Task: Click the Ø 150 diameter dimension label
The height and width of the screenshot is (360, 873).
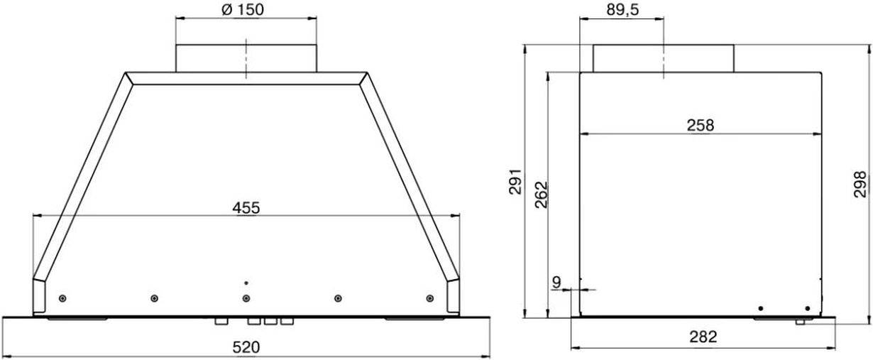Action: pos(243,10)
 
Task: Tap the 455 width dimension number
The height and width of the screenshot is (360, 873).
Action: pos(246,208)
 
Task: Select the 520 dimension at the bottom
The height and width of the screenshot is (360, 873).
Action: pos(246,347)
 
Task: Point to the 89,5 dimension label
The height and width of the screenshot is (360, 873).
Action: pos(622,10)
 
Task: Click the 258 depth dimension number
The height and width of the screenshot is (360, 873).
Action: pos(701,125)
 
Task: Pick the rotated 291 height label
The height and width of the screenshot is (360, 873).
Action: pos(515,181)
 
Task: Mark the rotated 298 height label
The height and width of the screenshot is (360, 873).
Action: pos(860,184)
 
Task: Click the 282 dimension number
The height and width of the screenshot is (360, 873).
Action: pos(703,337)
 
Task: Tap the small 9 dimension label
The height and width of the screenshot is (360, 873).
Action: pos(556,282)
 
